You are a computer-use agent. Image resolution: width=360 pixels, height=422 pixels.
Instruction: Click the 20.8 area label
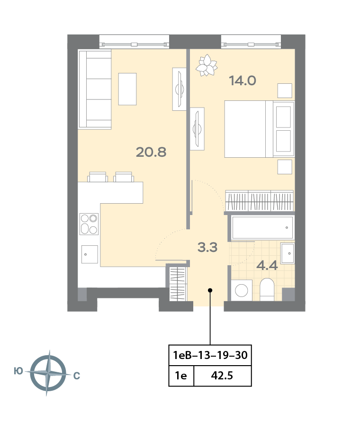point(151,153)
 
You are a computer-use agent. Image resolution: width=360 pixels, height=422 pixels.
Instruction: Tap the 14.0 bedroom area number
point(243,81)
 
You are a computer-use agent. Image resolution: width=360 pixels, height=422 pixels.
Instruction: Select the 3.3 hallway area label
point(207,247)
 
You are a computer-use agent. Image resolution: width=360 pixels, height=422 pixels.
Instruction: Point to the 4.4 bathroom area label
point(267,266)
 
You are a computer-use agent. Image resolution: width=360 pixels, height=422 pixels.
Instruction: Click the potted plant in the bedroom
point(207,65)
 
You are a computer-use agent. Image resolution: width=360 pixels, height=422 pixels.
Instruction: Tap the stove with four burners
point(89,224)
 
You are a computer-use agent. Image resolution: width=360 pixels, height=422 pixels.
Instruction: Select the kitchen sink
point(90,254)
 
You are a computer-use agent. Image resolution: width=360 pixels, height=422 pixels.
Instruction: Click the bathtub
point(262,228)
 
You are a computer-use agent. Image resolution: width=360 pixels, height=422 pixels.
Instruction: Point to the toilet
point(267,289)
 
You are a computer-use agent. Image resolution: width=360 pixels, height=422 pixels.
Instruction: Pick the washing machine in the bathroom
point(242,290)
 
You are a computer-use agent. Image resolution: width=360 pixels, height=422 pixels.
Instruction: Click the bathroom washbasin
point(288,253)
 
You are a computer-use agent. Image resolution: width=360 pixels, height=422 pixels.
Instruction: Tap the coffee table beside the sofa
point(127,89)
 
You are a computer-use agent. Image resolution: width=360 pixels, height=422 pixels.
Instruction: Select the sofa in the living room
point(95,90)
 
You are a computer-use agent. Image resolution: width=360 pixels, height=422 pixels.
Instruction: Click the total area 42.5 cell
point(222,376)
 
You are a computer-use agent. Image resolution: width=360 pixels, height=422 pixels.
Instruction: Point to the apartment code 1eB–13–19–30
point(210,355)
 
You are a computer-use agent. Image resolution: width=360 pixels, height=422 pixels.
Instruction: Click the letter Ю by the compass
point(18,371)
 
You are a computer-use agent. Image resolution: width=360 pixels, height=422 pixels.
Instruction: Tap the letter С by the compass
point(77,376)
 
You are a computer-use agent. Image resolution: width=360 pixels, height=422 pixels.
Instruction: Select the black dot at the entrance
point(210,290)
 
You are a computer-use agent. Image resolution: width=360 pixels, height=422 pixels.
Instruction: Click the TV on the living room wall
point(180,89)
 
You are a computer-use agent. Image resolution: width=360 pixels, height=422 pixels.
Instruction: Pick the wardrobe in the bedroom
point(259,200)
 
